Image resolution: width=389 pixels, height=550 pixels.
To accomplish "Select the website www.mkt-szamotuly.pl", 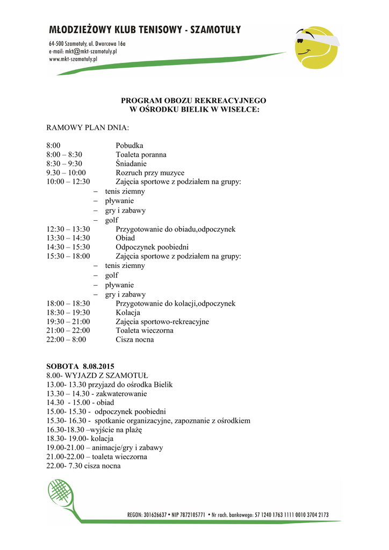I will [x=73, y=59].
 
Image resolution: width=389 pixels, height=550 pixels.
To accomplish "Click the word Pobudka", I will [x=129, y=146].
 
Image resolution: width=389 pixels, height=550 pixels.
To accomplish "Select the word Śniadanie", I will [x=131, y=164].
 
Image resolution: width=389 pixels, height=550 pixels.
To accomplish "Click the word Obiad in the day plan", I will [x=125, y=238].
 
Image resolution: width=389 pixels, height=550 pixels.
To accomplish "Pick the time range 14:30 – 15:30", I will [x=68, y=247].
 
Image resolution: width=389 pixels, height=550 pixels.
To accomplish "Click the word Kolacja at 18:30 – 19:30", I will [x=128, y=313].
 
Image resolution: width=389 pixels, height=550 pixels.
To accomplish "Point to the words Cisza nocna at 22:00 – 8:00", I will [x=135, y=339].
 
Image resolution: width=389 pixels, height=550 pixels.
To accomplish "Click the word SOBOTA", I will [x=62, y=366].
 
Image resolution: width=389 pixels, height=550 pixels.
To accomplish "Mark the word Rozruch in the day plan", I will [x=129, y=173].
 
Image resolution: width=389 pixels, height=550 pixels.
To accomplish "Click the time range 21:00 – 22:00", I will [x=68, y=331].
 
